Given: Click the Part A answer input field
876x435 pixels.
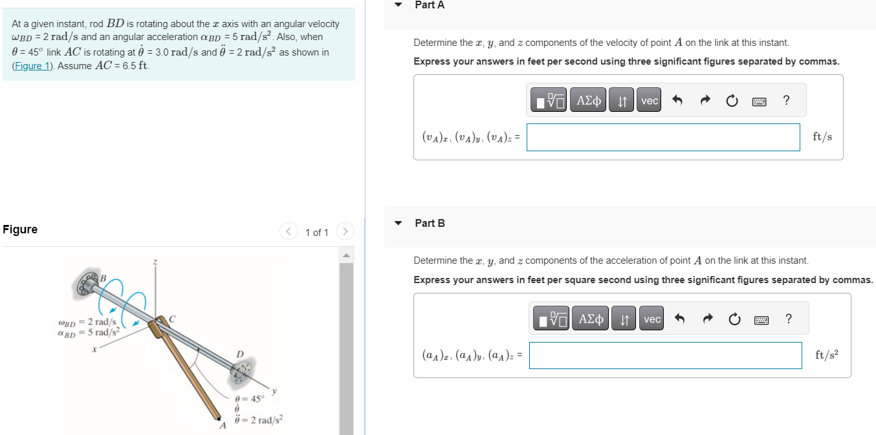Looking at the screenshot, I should point(662,137).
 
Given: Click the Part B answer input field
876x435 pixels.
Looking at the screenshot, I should point(665,355).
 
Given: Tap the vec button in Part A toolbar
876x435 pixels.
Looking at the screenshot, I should point(649,100).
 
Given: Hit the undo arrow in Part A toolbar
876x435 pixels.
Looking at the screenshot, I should point(677,100).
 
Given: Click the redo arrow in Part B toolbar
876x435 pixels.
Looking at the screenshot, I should point(707,319).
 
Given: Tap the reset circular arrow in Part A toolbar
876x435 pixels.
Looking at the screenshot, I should point(732,100).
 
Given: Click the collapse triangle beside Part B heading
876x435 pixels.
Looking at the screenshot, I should point(399,223).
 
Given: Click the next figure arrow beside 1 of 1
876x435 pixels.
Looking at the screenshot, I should point(345,231).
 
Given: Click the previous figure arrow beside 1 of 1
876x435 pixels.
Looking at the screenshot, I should point(289,231).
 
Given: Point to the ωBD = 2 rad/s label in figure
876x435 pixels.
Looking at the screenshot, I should point(87,322).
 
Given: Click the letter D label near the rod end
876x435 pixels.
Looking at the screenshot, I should point(240,354).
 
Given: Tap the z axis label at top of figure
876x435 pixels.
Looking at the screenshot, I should point(155,262).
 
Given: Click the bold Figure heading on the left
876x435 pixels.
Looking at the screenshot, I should point(20,229).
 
